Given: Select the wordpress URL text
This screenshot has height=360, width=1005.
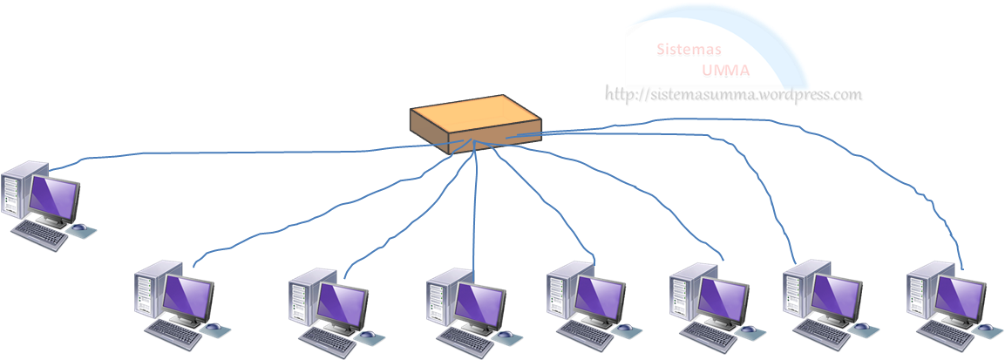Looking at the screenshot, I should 734,95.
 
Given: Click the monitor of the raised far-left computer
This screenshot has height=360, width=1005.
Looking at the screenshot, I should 54,197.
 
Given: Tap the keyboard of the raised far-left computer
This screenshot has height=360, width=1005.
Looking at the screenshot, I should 39,234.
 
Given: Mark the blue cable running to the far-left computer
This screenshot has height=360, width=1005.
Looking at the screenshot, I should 218,156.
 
